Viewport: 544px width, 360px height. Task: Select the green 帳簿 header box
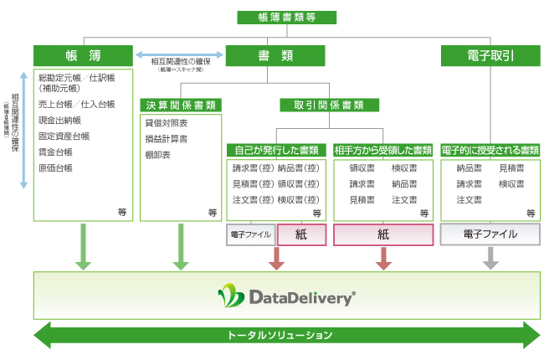tap(83, 56)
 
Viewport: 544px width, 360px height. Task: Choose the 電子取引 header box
tap(490, 56)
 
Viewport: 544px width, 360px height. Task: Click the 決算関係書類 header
tap(181, 105)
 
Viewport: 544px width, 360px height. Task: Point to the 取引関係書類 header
tap(321, 105)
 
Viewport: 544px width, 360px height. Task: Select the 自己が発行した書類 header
tap(276, 151)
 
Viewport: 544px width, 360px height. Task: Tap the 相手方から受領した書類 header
tap(383, 151)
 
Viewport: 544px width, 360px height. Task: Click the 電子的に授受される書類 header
tap(490, 151)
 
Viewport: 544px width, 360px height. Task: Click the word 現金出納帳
tap(59, 121)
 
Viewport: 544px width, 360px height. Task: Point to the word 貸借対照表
tap(167, 123)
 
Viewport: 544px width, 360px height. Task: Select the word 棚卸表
tap(157, 155)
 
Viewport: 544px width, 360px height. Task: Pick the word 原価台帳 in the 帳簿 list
tap(55, 168)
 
